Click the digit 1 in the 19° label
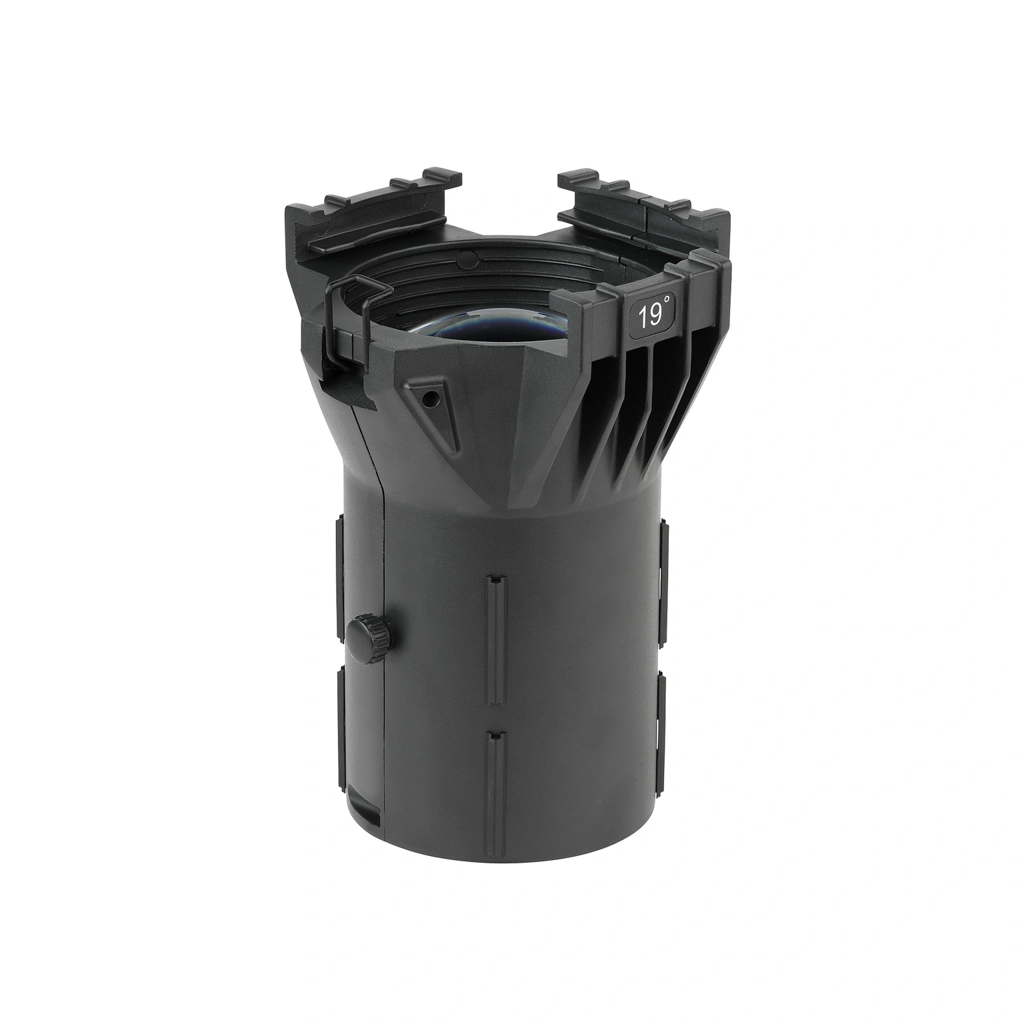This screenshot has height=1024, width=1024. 641,317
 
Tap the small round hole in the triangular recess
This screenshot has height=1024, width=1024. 433,398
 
